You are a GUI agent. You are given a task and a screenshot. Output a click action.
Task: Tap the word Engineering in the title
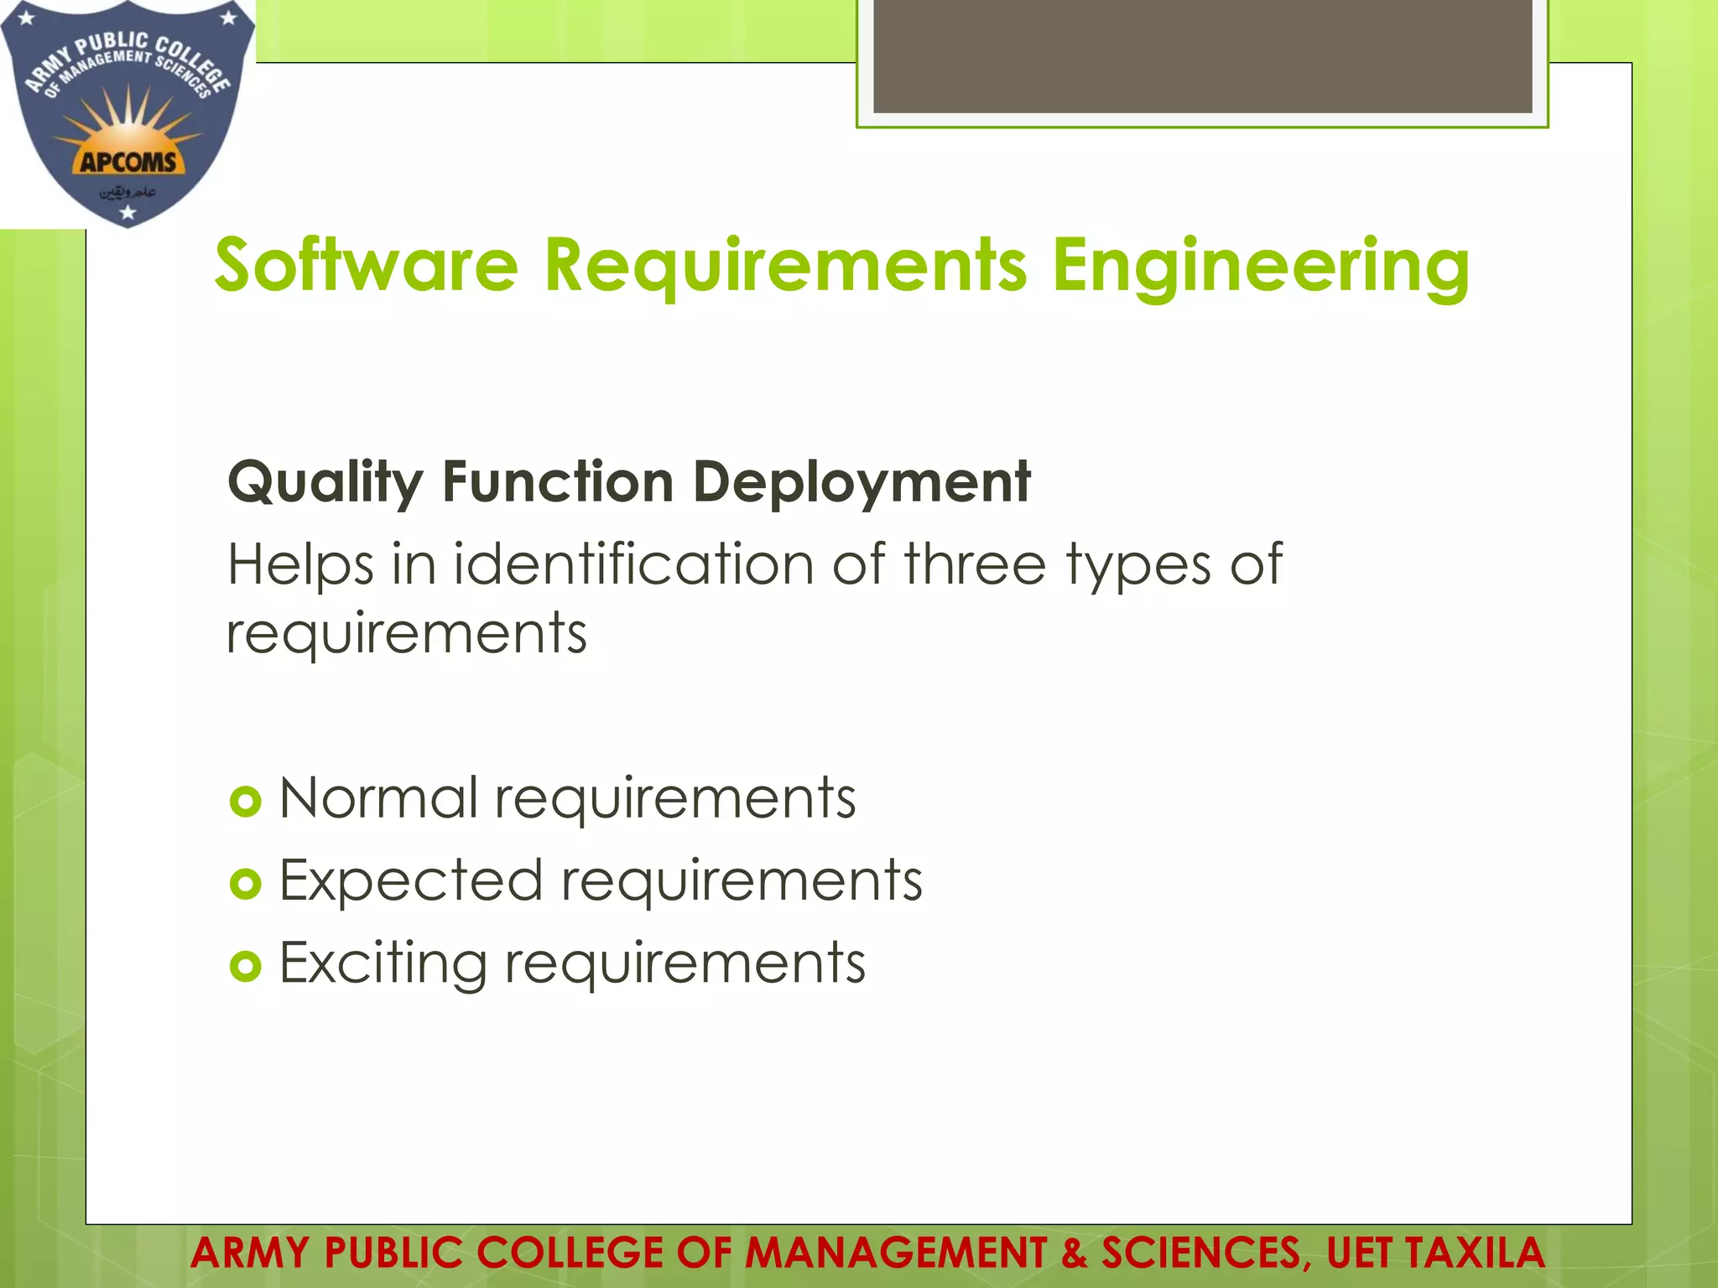tap(1260, 267)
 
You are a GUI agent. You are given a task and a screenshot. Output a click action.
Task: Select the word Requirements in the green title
tap(785, 267)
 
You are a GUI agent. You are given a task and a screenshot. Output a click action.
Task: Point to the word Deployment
tap(862, 483)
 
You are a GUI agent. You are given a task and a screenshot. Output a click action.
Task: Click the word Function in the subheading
tap(558, 483)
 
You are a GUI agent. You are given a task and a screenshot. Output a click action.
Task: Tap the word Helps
tap(300, 565)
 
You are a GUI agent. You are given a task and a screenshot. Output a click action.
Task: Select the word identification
tap(634, 563)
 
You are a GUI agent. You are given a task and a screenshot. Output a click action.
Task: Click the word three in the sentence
tap(975, 563)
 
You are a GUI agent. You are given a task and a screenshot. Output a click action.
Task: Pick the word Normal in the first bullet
tap(378, 797)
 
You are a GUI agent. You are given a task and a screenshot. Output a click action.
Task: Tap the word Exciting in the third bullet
tap(383, 964)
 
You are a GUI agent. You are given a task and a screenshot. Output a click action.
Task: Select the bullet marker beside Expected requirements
tap(245, 884)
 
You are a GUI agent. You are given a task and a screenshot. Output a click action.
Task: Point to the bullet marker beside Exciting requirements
tap(245, 967)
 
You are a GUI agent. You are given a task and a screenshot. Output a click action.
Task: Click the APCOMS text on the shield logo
tap(128, 162)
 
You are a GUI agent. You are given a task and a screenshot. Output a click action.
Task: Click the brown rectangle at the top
tap(1202, 55)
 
